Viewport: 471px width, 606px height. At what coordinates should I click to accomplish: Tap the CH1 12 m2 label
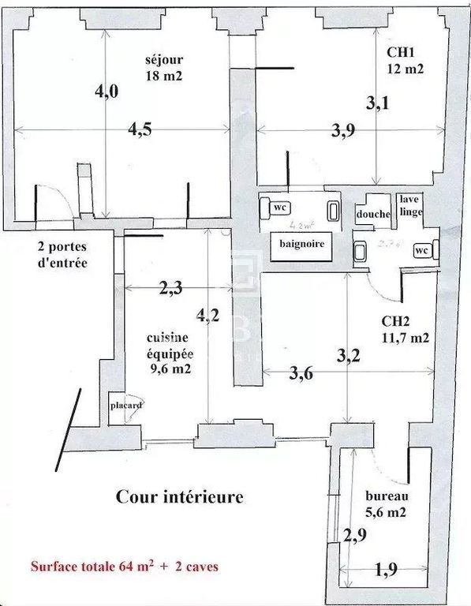405,60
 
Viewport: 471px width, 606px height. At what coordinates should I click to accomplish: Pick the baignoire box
301,245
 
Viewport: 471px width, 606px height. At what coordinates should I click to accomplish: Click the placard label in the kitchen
125,406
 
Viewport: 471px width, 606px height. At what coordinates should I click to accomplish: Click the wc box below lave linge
421,250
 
